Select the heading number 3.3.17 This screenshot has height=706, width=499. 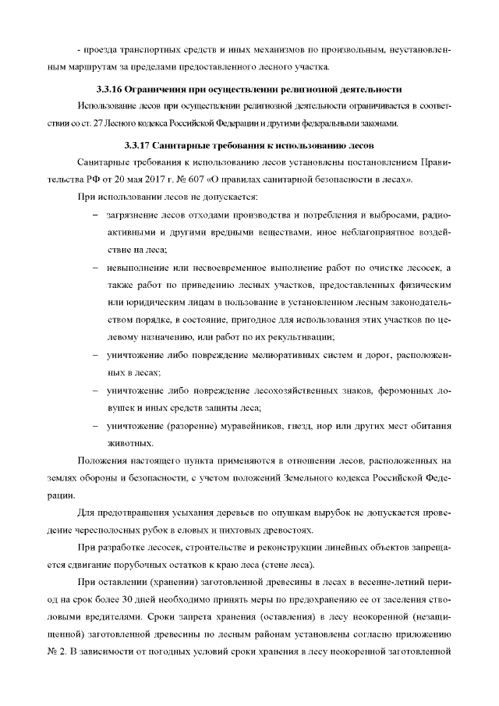tap(138, 146)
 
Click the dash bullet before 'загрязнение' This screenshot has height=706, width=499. tap(95, 215)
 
